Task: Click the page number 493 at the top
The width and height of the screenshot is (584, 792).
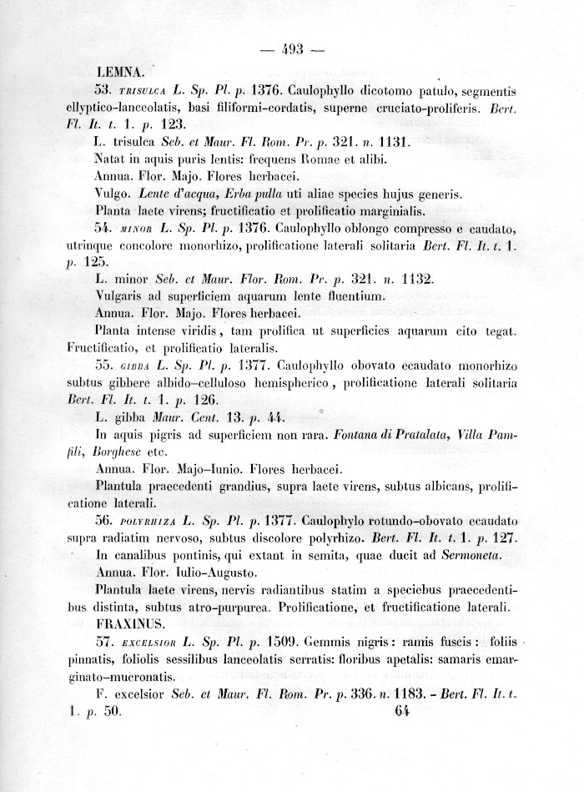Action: coord(291,49)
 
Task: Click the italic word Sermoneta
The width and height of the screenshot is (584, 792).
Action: coord(489,555)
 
